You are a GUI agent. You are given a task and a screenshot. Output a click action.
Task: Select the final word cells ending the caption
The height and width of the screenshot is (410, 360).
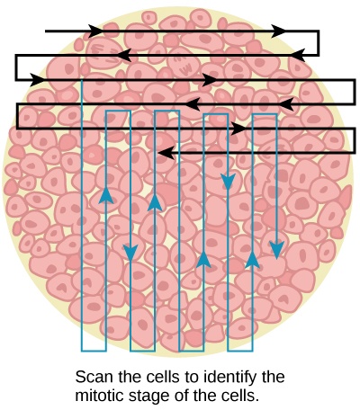tap(236, 394)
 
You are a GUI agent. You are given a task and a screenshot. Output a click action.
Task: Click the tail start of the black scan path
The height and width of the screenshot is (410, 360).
tap(47, 31)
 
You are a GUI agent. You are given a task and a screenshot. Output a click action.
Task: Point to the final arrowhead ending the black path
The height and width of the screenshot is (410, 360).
tap(164, 154)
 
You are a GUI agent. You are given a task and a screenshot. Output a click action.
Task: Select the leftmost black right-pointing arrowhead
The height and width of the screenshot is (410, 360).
tap(38, 79)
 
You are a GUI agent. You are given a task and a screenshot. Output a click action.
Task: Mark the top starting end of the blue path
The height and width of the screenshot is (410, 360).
tap(82, 79)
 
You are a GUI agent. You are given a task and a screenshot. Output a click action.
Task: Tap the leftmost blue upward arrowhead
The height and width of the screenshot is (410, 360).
tap(106, 194)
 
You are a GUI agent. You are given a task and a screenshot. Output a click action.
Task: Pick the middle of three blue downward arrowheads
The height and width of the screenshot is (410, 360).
tap(228, 182)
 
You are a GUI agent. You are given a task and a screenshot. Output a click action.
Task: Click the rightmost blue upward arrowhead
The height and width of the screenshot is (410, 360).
tap(252, 261)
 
